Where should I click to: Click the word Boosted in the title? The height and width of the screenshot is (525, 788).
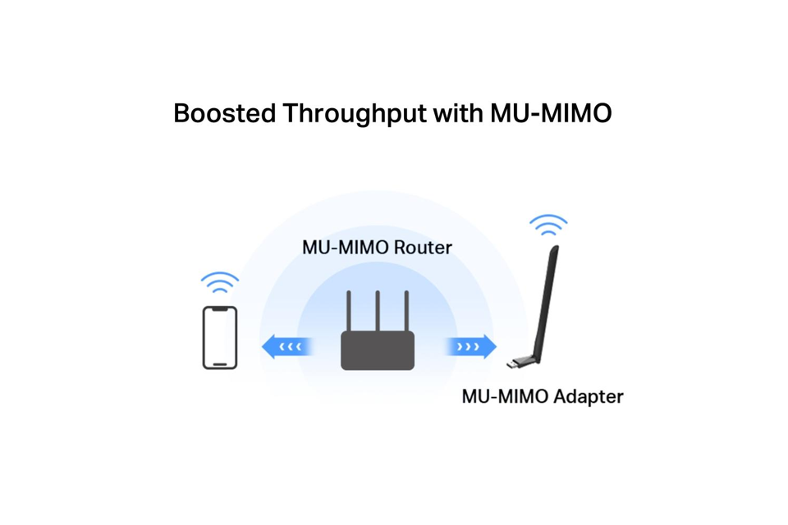point(225,113)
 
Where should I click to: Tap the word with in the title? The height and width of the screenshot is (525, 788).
point(458,112)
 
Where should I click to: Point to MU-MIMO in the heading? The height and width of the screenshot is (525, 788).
point(551,113)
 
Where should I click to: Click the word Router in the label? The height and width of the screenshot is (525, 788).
point(423,247)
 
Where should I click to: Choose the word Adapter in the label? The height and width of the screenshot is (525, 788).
point(588,397)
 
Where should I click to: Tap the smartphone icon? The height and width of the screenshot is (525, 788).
point(220,338)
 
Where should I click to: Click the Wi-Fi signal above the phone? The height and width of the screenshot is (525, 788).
point(220,282)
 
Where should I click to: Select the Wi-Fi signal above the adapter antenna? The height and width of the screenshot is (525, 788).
point(548,225)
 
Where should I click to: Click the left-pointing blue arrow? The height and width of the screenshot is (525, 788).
point(288,347)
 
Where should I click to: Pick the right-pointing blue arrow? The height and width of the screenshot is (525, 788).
point(470,347)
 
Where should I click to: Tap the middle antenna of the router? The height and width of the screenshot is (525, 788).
point(378,310)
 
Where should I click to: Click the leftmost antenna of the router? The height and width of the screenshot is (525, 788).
point(349,310)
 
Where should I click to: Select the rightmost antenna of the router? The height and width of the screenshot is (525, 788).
point(406,310)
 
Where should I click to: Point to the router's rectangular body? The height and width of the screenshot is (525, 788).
point(378,350)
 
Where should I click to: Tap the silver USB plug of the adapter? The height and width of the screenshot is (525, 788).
point(512,363)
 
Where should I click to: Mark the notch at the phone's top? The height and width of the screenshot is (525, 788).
point(220,309)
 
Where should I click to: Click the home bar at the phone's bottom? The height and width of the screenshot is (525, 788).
point(220,364)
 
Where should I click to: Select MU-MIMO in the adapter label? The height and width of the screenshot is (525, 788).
point(505,397)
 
